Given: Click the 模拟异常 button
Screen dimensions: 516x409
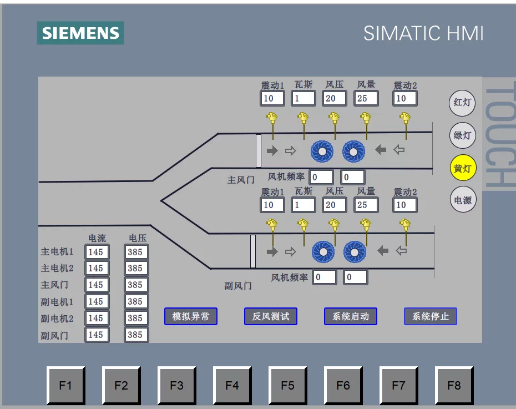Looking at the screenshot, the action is click(x=191, y=316).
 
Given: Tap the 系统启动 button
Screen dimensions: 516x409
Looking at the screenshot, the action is click(x=351, y=316).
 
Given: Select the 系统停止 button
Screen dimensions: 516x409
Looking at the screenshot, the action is click(x=431, y=316).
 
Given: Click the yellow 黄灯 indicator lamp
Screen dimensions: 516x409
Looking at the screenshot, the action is click(x=463, y=168).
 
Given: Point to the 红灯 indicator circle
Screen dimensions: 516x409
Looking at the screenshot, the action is click(x=462, y=103).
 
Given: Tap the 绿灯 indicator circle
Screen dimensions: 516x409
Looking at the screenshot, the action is click(x=462, y=135).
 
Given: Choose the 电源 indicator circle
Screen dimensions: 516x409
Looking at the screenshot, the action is click(x=463, y=200).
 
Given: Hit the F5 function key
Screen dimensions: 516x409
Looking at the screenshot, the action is click(x=287, y=385).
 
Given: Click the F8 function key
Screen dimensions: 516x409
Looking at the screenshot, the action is click(x=454, y=385).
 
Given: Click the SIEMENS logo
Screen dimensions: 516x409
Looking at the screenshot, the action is click(x=80, y=33).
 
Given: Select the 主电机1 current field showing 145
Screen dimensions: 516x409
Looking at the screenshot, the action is click(x=97, y=252).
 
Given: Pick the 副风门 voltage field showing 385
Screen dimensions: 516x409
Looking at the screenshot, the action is click(x=136, y=335).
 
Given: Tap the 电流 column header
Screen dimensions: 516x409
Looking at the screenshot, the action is click(x=97, y=238).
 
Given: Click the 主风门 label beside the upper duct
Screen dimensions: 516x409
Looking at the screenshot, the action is click(x=241, y=180).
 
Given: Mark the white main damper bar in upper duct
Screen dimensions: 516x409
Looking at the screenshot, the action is click(x=259, y=151).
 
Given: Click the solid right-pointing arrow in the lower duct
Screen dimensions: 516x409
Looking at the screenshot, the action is click(x=272, y=252).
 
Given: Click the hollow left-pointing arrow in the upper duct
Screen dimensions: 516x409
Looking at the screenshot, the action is click(x=399, y=150).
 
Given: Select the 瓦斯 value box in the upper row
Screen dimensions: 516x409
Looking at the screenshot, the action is click(x=303, y=98).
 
